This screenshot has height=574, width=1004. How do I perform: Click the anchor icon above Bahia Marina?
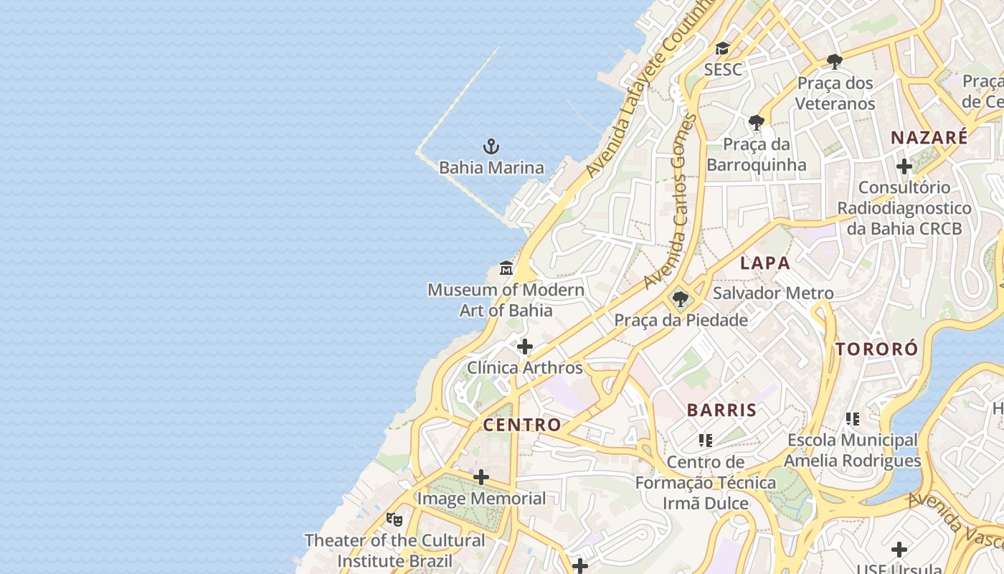[491, 147]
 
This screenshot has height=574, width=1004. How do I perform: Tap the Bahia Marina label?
[491, 168]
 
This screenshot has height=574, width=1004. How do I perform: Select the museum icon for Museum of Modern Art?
[506, 268]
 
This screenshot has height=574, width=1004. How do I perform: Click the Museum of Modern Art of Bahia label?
[506, 300]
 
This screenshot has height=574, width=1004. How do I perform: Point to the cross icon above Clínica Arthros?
[525, 347]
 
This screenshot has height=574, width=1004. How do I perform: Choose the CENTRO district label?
[522, 425]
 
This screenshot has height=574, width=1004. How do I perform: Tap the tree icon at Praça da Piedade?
[680, 298]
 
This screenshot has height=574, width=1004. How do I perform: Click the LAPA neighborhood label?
[765, 263]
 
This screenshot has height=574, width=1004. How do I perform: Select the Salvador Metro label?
[773, 293]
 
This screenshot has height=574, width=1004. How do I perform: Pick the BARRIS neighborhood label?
[721, 410]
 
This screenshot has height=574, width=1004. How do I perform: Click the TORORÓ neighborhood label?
[876, 349]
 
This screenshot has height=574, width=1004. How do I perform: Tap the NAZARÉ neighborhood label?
[929, 138]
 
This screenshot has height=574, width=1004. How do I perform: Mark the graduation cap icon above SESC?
[722, 49]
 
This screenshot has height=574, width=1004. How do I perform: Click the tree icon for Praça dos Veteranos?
[834, 61]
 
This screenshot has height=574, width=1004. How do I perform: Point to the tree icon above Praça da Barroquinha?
[756, 123]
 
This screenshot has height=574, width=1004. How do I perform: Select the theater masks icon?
[394, 519]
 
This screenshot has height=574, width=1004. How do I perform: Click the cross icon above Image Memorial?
[481, 477]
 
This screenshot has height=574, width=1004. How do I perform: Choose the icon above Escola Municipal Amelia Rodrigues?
[852, 419]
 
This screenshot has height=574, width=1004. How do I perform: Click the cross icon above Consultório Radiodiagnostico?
[904, 166]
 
